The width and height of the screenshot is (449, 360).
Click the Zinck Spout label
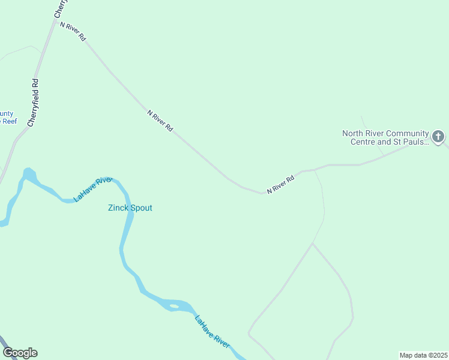click(130, 208)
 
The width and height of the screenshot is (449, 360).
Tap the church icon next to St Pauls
click(438, 137)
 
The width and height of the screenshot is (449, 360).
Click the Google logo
click(20, 353)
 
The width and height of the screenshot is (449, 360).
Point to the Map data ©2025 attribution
click(423, 355)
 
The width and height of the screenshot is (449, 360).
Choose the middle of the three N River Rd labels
click(160, 120)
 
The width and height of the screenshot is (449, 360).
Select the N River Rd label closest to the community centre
click(281, 184)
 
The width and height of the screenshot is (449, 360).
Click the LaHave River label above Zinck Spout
click(93, 189)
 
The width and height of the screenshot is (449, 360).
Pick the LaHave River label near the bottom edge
click(212, 331)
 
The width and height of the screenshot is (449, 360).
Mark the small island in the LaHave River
click(173, 307)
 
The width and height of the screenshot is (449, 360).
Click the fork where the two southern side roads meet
click(312, 244)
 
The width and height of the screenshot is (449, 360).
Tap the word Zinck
click(117, 208)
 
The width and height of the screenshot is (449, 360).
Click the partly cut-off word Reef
click(8, 121)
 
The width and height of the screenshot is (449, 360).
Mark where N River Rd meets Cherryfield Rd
click(56, 22)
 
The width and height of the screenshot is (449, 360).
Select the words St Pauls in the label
click(412, 142)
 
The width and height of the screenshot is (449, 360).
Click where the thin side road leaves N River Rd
click(315, 170)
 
